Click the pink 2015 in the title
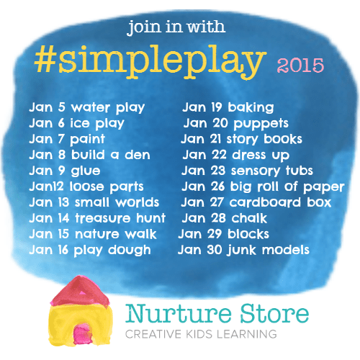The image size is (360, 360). coord(300,65)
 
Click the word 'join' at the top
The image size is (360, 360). coord(144,27)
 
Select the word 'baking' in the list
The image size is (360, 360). coord(251,107)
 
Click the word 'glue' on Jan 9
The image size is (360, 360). coord(86,171)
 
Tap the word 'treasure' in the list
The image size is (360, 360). coord(103,218)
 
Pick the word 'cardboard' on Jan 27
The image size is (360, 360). coord(265,202)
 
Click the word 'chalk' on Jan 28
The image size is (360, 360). coord(249,218)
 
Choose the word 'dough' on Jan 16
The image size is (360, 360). coord(130,251)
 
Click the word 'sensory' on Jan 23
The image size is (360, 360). coord(256,171)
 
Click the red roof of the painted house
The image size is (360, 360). coord(81,292)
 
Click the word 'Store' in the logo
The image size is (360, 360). coord(274,313)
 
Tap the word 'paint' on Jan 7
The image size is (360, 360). coord(87,140)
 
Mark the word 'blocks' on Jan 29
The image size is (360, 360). coord(248,234)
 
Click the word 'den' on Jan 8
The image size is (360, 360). coord(138,155)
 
